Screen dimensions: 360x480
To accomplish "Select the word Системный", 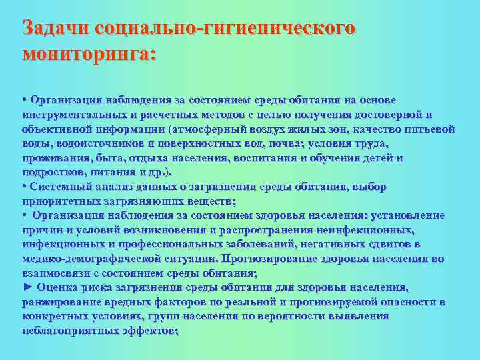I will [x=62, y=187].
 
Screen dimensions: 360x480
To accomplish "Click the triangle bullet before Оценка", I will [x=27, y=287].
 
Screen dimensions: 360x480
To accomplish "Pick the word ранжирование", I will [x=61, y=302].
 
